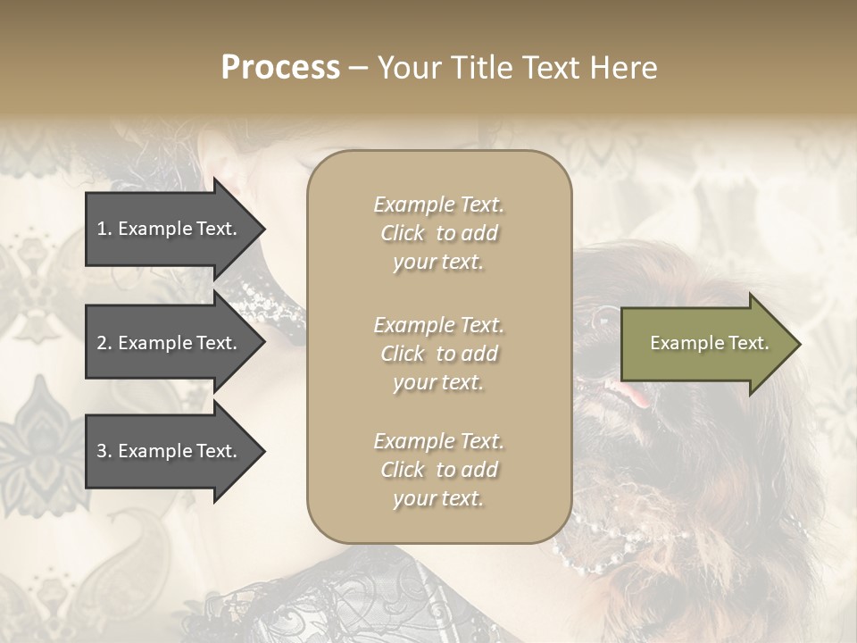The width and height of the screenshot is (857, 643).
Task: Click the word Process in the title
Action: tap(280, 68)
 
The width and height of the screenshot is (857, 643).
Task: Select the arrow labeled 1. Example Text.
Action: tap(170, 229)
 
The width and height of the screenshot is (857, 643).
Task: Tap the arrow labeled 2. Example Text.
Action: tap(170, 343)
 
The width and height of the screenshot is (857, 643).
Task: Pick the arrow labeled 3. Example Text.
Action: tap(170, 451)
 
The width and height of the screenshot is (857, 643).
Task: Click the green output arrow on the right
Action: tap(705, 344)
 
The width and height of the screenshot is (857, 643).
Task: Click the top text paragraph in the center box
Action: tap(438, 233)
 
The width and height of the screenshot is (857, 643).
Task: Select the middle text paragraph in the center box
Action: tap(438, 354)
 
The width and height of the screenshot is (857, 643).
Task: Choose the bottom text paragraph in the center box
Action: tap(438, 470)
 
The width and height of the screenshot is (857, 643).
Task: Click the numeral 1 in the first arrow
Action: tap(102, 229)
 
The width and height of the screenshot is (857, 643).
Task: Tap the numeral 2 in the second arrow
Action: tap(102, 343)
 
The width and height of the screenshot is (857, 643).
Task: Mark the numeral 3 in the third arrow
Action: tap(102, 451)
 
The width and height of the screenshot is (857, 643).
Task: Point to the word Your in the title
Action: tap(406, 68)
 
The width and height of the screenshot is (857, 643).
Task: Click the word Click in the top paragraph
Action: tap(403, 233)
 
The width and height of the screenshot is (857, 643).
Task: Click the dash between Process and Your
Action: tap(358, 69)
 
